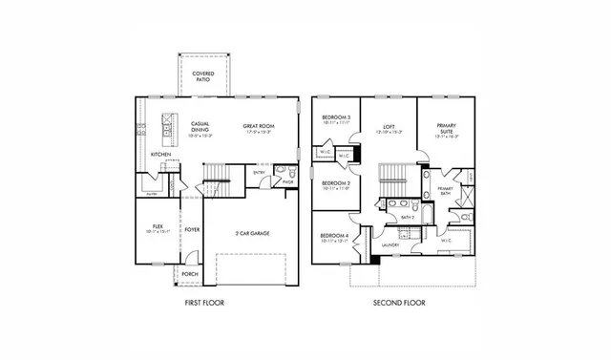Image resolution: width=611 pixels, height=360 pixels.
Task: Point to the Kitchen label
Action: tap(160, 154)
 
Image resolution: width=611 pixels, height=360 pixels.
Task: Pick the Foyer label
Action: tap(192, 229)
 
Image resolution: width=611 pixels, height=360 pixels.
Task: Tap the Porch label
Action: tap(190, 274)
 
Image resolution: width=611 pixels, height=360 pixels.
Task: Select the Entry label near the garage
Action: tap(260, 173)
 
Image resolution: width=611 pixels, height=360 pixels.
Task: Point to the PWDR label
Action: tap(286, 181)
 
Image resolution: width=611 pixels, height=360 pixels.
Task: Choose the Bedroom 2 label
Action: tap(333, 184)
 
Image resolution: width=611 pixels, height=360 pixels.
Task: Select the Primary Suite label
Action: tap(447, 128)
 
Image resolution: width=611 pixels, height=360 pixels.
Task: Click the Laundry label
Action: tap(389, 245)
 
